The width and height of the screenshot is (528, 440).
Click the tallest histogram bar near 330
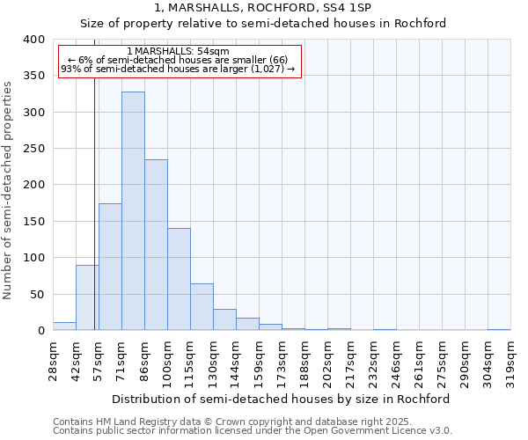click(133, 211)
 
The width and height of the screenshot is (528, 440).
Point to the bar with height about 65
click(202, 307)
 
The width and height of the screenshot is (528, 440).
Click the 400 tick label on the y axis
click(33, 40)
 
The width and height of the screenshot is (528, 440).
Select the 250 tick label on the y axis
click(33, 149)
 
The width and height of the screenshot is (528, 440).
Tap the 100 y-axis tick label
click(33, 258)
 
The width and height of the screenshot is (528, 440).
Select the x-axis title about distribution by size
click(282, 399)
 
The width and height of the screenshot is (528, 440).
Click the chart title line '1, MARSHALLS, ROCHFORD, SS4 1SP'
click(262, 8)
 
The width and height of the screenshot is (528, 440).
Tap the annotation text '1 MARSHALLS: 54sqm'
click(179, 52)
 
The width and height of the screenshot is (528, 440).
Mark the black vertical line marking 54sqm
click(94, 202)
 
